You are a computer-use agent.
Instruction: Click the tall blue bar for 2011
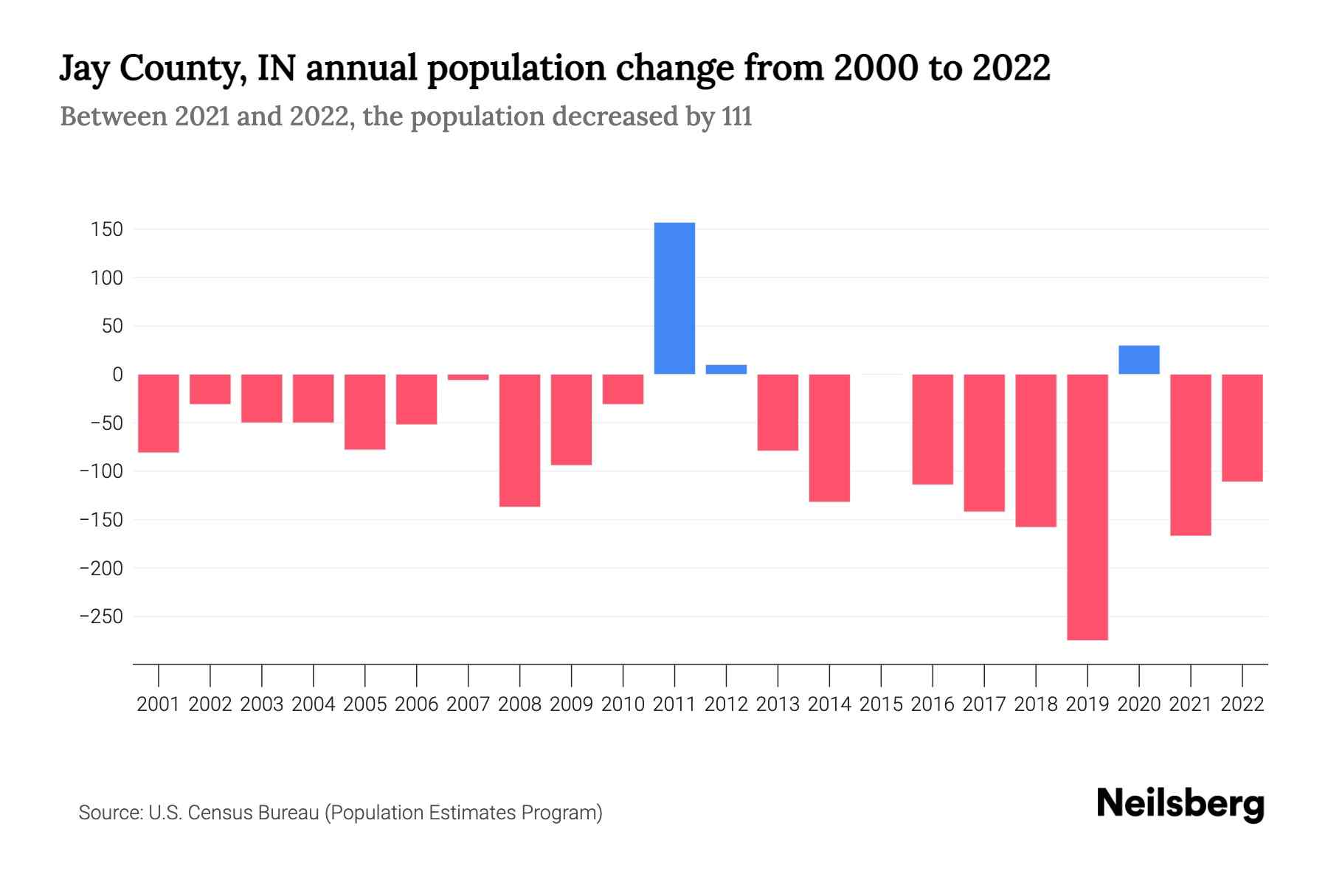pos(674,298)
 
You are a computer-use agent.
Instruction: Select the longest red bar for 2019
pos(1087,507)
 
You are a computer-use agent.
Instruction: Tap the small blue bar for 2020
pos(1139,360)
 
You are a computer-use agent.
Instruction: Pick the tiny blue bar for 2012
pos(726,369)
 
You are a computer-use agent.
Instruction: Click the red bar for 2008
pos(519,440)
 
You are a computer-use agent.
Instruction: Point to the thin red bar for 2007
pos(468,377)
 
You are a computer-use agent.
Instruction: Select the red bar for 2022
pos(1242,428)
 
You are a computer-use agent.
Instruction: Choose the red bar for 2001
pos(159,413)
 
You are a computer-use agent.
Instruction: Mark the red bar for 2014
pos(829,438)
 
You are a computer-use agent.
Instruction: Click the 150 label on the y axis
pos(107,230)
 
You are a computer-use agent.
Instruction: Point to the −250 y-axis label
pos(101,617)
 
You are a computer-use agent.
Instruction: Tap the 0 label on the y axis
pos(117,375)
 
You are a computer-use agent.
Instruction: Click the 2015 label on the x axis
pos(881,704)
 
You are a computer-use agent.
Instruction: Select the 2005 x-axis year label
pos(365,704)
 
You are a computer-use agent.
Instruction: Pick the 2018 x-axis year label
pos(1036,704)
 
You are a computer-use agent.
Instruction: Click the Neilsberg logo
pos(1180,803)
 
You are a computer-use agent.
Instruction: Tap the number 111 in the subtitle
pos(737,117)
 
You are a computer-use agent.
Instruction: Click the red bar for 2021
pos(1191,454)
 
